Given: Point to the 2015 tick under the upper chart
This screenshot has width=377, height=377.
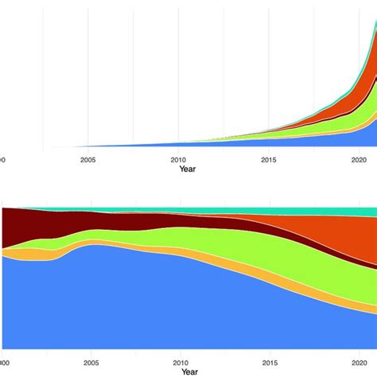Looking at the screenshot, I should (269, 159).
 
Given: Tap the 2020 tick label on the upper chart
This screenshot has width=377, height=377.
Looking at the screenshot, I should (359, 159).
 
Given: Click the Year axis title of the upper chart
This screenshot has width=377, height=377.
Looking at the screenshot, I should (188, 169).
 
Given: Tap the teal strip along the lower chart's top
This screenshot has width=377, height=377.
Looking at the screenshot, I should (239, 210).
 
